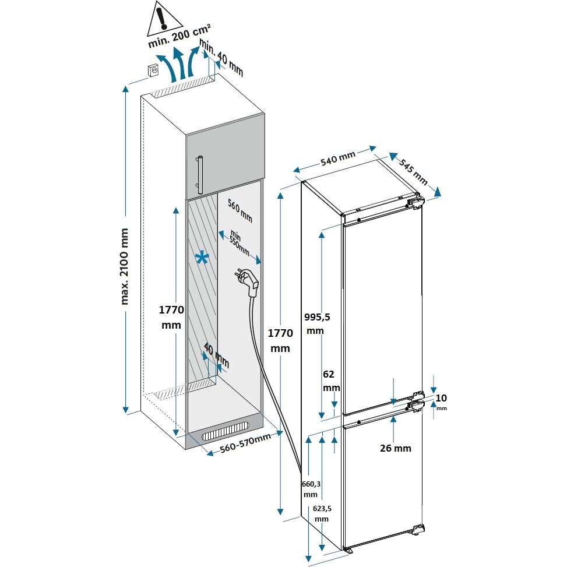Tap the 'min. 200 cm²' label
179,34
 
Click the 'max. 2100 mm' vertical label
125,266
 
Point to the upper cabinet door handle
199,174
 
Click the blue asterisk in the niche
202,259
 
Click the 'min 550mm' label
238,241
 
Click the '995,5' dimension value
318,317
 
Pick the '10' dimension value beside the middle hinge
441,398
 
